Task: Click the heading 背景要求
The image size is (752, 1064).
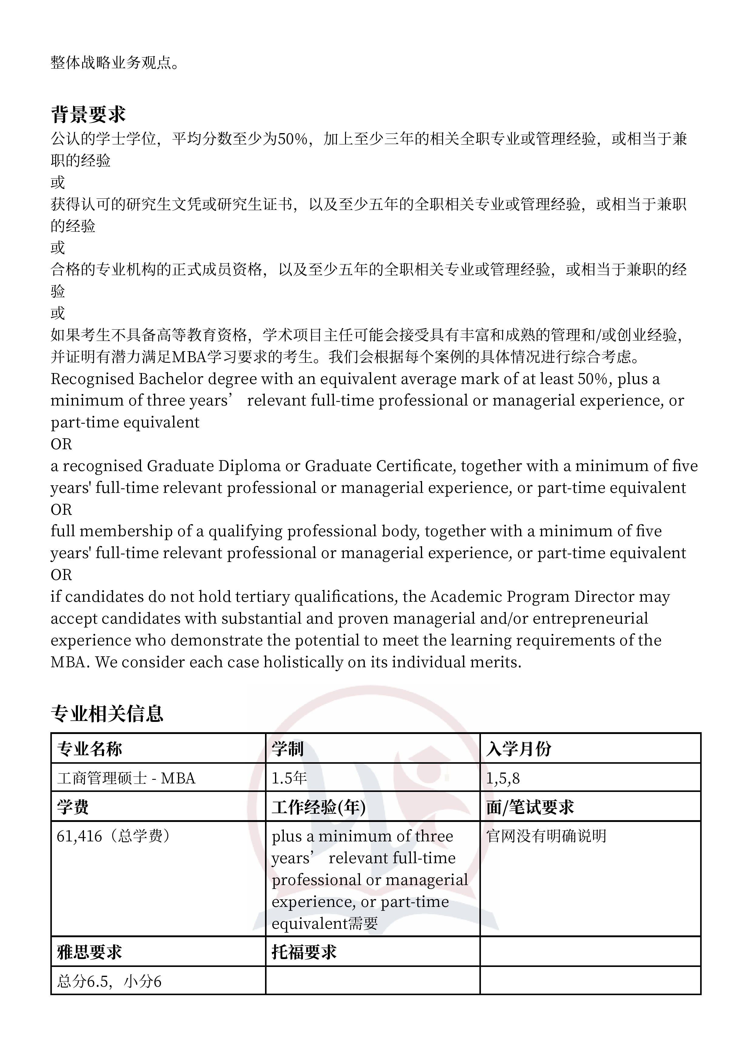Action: (x=88, y=114)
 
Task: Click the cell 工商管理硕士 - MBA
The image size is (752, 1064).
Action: (x=126, y=778)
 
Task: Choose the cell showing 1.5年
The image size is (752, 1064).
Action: (x=289, y=778)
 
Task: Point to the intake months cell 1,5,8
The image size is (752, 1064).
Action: (x=503, y=778)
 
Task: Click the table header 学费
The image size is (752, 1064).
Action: (x=73, y=807)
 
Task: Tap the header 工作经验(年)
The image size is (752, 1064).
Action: (x=319, y=807)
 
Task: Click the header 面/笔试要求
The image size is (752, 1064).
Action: (x=530, y=807)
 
